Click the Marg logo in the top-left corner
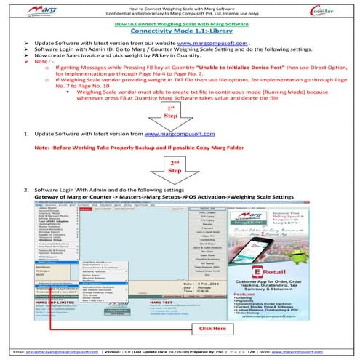pos(29,8)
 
